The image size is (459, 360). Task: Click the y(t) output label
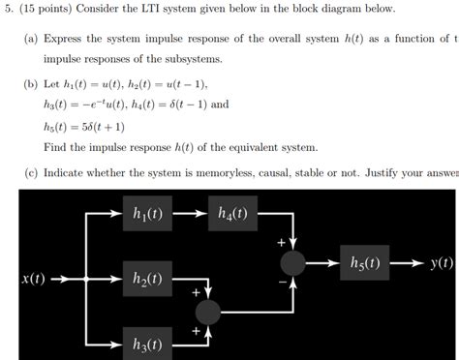(442, 262)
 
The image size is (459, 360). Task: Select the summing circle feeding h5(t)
(293, 262)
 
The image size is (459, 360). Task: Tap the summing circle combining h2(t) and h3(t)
(207, 311)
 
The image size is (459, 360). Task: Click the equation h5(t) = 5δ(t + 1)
(84, 126)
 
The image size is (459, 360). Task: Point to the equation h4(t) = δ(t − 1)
(169, 105)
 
